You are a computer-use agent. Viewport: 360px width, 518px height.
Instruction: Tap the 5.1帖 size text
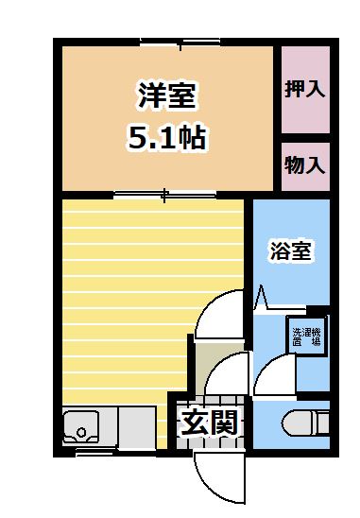tap(166, 139)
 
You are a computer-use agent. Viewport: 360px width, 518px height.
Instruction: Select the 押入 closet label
tap(305, 90)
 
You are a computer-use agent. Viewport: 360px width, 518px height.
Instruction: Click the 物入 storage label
tap(305, 164)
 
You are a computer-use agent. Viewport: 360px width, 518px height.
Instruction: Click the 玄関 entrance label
tap(208, 422)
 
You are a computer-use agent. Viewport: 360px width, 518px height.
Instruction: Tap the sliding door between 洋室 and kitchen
tap(165, 196)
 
